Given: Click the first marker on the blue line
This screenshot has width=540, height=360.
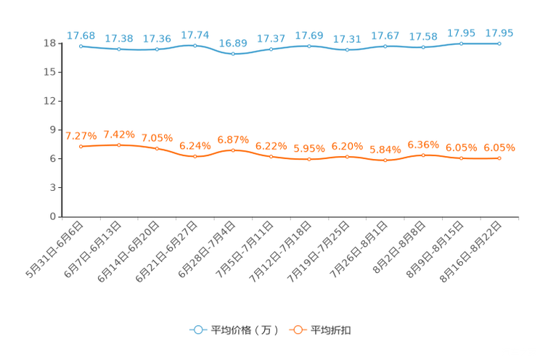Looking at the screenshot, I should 81,46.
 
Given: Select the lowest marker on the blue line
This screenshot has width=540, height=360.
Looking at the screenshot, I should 233,54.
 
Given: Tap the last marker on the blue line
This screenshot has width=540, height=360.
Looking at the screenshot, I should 499,44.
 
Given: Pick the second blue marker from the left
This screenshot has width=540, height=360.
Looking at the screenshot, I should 119,49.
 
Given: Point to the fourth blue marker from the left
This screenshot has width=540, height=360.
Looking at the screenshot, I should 195,45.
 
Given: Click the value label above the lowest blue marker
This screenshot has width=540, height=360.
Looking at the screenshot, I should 233,43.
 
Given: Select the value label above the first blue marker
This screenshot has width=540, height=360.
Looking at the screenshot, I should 81,36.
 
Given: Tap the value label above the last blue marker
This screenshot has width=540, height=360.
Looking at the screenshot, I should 499,33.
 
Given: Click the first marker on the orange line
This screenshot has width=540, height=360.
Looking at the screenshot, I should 81,147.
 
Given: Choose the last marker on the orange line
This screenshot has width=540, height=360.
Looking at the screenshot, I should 499,158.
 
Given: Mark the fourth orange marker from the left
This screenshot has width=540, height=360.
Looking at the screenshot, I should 195,156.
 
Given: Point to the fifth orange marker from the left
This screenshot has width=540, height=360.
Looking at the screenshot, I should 233,150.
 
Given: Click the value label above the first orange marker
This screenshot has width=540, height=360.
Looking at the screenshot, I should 81,136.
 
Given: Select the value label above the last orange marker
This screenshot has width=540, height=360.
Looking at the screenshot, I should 499,148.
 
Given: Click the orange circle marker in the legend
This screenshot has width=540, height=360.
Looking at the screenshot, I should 297,330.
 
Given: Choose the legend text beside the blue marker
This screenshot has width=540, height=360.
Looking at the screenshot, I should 242,330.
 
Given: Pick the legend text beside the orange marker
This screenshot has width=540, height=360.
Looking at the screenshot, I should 332,330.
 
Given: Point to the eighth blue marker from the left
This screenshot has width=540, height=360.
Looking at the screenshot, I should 348,50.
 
